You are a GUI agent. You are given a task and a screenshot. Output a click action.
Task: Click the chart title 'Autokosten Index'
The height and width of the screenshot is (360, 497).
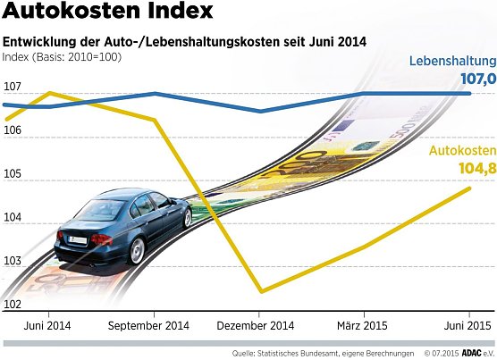[x=108, y=13]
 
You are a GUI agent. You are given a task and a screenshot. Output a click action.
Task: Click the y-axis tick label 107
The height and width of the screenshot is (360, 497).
[x=13, y=88]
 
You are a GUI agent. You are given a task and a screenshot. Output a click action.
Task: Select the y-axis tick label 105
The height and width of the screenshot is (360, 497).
[x=13, y=174]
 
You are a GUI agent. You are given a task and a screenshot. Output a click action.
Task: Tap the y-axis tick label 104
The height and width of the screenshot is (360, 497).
[x=13, y=218]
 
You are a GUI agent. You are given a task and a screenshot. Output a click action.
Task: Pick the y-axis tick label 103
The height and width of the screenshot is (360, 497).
[x=13, y=262]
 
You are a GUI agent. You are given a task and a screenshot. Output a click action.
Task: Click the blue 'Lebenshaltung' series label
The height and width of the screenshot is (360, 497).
[x=452, y=62]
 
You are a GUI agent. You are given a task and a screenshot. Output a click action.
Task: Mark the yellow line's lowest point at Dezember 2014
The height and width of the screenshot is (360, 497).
[x=260, y=291]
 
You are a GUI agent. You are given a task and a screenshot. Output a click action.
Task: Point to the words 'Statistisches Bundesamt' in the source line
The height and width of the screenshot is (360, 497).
[x=309, y=352]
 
